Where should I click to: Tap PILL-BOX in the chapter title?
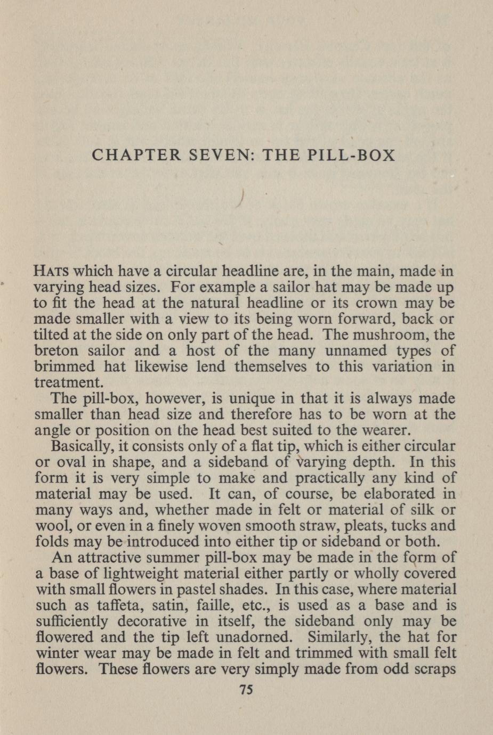352,155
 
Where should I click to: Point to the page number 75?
246,690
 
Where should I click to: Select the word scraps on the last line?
432,668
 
